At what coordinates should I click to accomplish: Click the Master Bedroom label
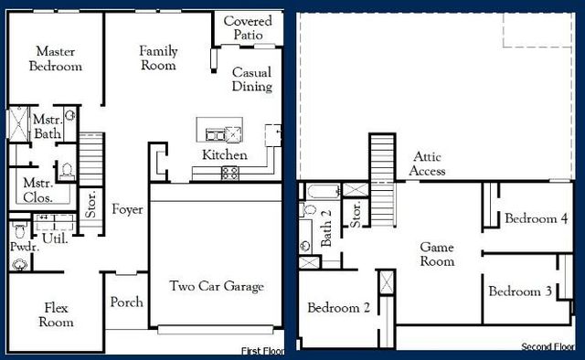click(x=56, y=58)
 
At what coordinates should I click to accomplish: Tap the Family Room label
click(x=158, y=58)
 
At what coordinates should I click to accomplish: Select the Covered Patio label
click(x=247, y=27)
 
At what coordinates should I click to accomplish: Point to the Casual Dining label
click(x=251, y=79)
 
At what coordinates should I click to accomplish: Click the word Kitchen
click(x=225, y=155)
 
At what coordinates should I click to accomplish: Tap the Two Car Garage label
click(x=217, y=286)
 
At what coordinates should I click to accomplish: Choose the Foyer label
click(x=127, y=210)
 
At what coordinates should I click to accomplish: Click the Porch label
click(x=126, y=302)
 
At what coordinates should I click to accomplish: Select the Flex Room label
click(x=56, y=314)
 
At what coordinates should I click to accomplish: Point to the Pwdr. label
click(x=23, y=246)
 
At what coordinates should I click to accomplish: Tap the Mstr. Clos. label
click(x=37, y=189)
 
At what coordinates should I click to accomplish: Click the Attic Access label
click(x=428, y=164)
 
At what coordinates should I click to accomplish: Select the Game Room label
click(x=437, y=254)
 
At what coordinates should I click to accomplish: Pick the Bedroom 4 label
click(x=537, y=219)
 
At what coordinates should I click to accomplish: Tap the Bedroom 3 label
click(x=519, y=291)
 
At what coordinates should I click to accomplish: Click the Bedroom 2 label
click(x=338, y=307)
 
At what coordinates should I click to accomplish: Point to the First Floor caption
click(x=262, y=351)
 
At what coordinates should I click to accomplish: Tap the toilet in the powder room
click(x=19, y=262)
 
